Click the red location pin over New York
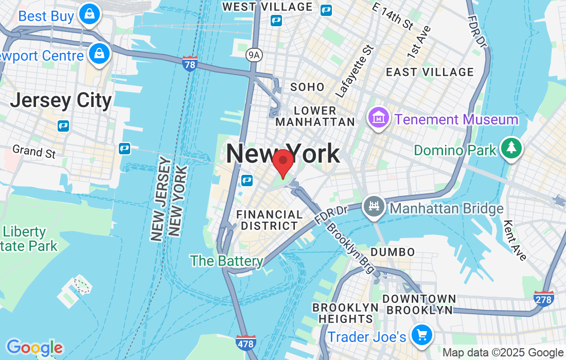click(282, 162)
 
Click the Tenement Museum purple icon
click(378, 118)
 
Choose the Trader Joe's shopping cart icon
click(421, 335)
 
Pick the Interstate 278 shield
click(544, 299)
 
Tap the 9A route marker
click(253, 54)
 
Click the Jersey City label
click(61, 100)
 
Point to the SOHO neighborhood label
click(307, 87)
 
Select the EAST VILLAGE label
click(430, 72)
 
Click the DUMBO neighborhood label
click(393, 252)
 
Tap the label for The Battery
click(227, 261)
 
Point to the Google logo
click(34, 348)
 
